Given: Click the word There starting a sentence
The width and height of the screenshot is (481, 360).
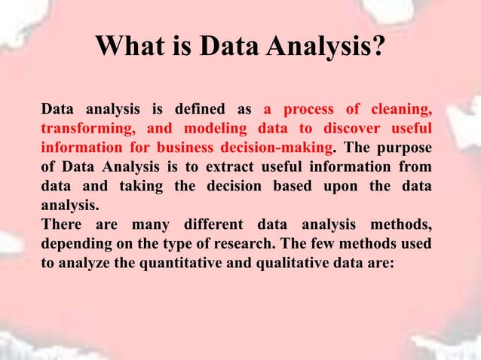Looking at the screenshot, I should (x=62, y=224).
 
